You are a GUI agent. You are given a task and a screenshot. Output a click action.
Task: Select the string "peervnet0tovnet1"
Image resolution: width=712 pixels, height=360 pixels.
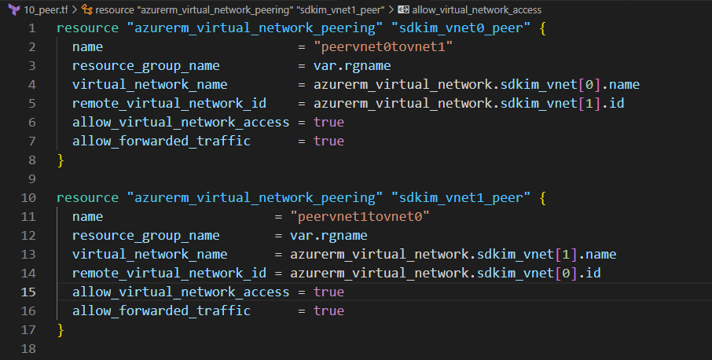pos(383,47)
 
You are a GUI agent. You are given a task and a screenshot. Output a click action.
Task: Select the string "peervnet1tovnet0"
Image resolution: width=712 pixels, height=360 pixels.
pos(359,216)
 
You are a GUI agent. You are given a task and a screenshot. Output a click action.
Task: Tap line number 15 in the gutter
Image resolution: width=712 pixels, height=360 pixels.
pos(28,292)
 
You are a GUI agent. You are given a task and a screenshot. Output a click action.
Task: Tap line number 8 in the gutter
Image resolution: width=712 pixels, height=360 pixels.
pos(31,160)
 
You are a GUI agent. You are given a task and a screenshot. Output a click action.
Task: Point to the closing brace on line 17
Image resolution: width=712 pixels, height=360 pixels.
pos(61,329)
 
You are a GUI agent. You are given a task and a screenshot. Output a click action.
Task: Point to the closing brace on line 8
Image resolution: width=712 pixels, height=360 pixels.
pos(61,160)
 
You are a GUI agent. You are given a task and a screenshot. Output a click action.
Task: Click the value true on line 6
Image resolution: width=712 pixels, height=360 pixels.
pos(328,123)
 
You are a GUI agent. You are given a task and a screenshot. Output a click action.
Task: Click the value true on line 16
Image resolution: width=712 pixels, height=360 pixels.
pos(328,310)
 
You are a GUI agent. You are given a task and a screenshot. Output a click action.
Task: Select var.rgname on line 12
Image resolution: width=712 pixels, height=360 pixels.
pos(328,235)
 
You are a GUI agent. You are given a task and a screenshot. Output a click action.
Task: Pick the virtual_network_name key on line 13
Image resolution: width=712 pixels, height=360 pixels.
pos(149,254)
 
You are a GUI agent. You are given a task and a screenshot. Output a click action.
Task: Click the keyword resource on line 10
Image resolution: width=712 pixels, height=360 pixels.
pos(86,197)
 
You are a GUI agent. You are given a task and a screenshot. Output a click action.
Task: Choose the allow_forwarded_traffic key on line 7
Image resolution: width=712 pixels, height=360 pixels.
pos(161,141)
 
